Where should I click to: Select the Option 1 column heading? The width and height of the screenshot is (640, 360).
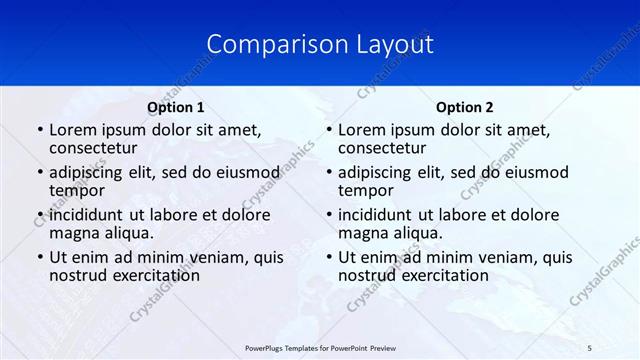(176, 107)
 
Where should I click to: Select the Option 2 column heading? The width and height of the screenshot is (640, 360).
(465, 107)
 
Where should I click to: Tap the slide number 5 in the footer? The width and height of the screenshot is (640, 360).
(589, 346)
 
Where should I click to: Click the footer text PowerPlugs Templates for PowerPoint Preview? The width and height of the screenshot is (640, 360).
(319, 346)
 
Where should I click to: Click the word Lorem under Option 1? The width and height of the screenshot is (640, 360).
(72, 129)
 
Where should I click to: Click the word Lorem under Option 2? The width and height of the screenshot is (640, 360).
(361, 129)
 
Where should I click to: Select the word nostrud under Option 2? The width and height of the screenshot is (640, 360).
(367, 276)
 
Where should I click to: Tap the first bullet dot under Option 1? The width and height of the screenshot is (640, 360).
(39, 130)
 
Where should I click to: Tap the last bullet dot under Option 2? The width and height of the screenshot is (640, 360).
(328, 258)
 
